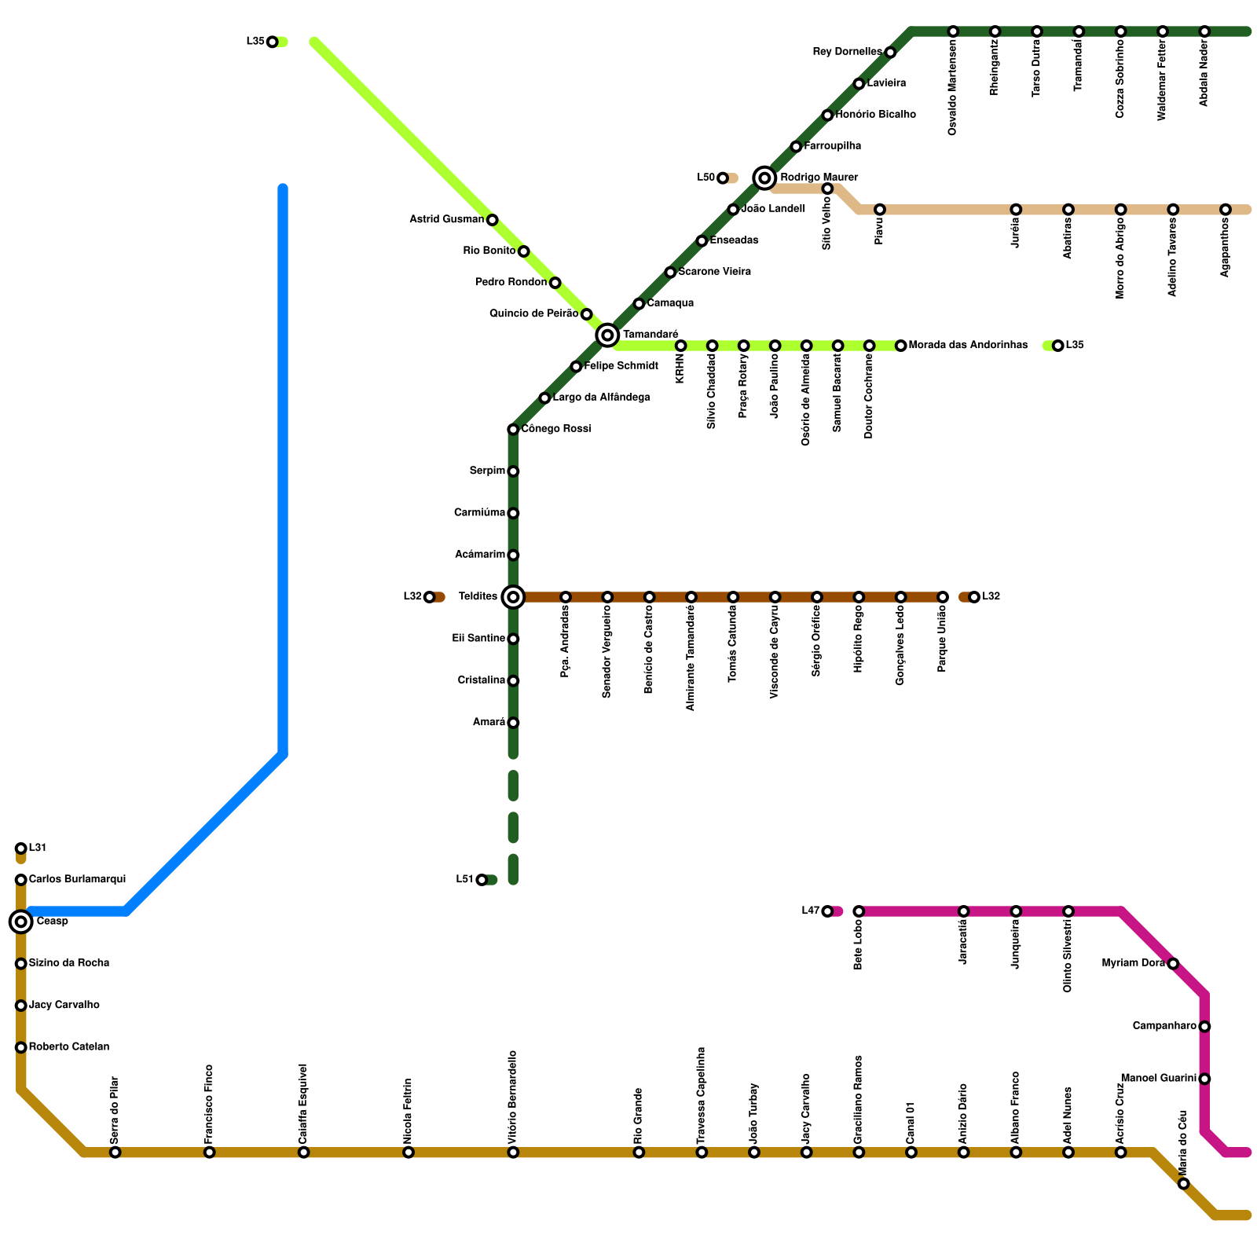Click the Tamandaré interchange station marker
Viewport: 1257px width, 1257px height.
[x=607, y=335]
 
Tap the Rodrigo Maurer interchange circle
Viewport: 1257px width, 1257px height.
[x=764, y=178]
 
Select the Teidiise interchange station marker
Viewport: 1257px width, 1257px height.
[x=513, y=597]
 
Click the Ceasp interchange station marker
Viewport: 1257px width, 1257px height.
[x=21, y=922]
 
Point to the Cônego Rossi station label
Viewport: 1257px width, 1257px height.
[x=556, y=429]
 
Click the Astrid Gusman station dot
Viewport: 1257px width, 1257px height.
[x=492, y=220]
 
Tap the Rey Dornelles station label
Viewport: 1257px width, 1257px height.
[x=847, y=53]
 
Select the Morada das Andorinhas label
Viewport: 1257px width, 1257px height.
[x=968, y=346]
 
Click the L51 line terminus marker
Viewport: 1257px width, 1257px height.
[x=482, y=880]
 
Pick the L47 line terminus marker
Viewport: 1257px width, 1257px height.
[x=827, y=911]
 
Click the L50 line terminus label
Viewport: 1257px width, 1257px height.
[x=705, y=178]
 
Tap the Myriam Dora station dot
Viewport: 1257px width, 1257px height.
[x=1173, y=964]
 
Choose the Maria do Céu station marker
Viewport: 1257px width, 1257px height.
[x=1184, y=1184]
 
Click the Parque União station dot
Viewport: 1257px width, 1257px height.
[x=943, y=597]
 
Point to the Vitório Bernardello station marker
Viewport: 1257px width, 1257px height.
[x=513, y=1153]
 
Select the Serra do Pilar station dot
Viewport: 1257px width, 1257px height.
[x=115, y=1153]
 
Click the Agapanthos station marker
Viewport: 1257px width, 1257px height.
[x=1226, y=210]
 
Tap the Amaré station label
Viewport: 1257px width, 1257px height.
[x=489, y=723]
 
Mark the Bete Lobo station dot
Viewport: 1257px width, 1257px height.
[x=859, y=911]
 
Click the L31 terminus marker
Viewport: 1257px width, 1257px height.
[x=21, y=848]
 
